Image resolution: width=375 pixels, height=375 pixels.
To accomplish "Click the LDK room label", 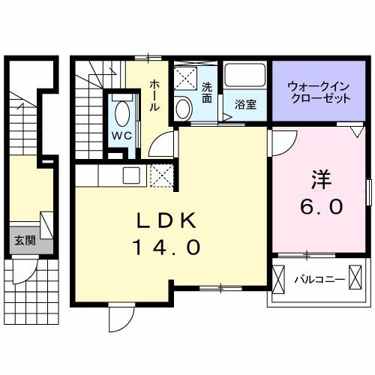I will pos(166,221).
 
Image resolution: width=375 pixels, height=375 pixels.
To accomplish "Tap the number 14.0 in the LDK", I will pos(166,247).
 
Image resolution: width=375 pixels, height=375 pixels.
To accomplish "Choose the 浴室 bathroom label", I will pos(247,104).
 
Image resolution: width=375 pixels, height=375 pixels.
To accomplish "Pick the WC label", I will pos(121,136).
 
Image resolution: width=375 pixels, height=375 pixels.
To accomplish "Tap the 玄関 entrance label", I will pos(25,241).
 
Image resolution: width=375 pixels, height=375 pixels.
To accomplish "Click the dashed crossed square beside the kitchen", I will pos(161,175).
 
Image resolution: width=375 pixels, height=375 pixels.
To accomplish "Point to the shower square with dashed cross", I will pos(184,78).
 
